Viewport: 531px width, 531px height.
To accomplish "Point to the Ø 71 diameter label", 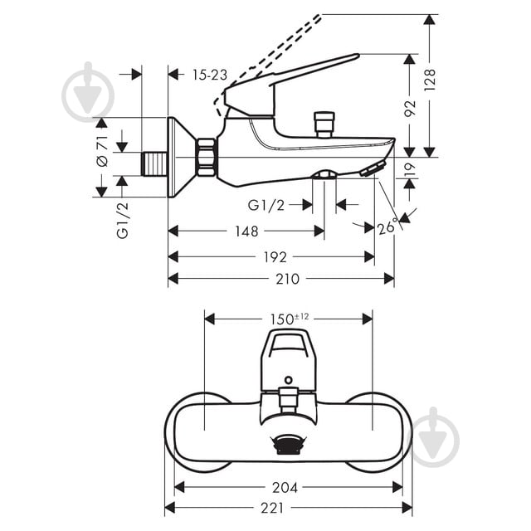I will [103, 150].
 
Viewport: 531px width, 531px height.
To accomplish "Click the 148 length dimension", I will [246, 231].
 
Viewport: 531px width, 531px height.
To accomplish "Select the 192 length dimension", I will [270, 257].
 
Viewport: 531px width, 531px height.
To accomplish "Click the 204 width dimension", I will [285, 487].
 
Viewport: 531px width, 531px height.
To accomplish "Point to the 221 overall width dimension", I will [285, 507].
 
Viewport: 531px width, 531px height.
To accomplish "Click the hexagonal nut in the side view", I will [206, 158].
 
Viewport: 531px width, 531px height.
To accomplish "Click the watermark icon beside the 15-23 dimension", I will [88, 91].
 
